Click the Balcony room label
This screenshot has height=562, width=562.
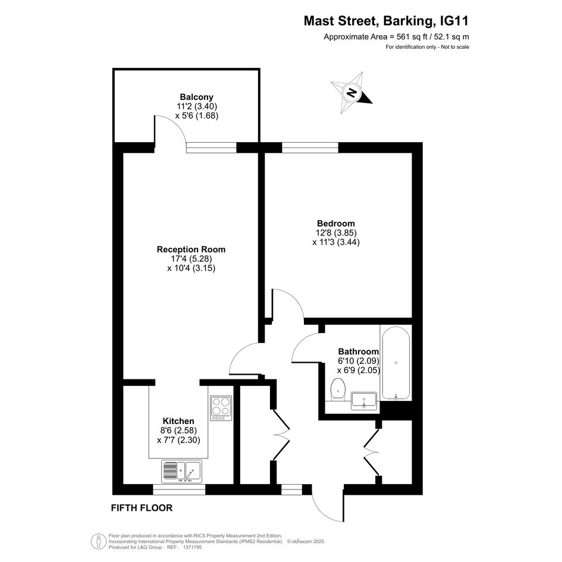196,97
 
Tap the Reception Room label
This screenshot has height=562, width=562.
191,249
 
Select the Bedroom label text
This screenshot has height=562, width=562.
336,224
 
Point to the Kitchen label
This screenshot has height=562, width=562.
178,421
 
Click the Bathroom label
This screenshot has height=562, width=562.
359,351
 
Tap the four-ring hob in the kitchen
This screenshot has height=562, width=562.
221,408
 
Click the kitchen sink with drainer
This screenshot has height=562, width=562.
181,472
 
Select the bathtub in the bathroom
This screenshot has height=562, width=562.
395,363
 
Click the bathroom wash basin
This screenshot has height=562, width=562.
364,401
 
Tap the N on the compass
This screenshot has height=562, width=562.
351,92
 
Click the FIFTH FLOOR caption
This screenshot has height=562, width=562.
142,508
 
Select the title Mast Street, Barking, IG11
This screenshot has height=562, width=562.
386,21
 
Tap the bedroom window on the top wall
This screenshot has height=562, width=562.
310,147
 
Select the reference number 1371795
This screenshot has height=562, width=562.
192,547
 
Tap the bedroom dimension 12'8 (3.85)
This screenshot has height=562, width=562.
336,233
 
